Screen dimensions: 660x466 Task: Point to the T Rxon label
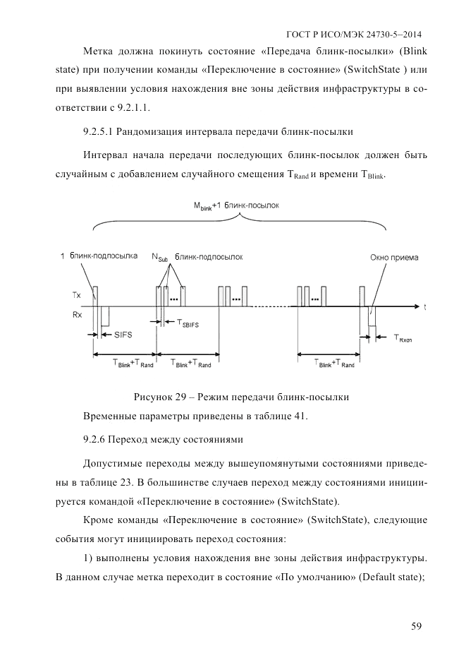point(404,337)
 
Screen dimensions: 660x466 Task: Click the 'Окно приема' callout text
point(394,258)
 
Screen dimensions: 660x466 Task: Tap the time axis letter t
point(425,307)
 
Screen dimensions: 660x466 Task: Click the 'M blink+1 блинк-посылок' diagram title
point(237,205)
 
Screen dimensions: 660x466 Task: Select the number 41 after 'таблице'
point(300,415)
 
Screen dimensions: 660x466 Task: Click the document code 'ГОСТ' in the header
point(300,34)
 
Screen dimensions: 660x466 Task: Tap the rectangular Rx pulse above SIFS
point(105,316)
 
